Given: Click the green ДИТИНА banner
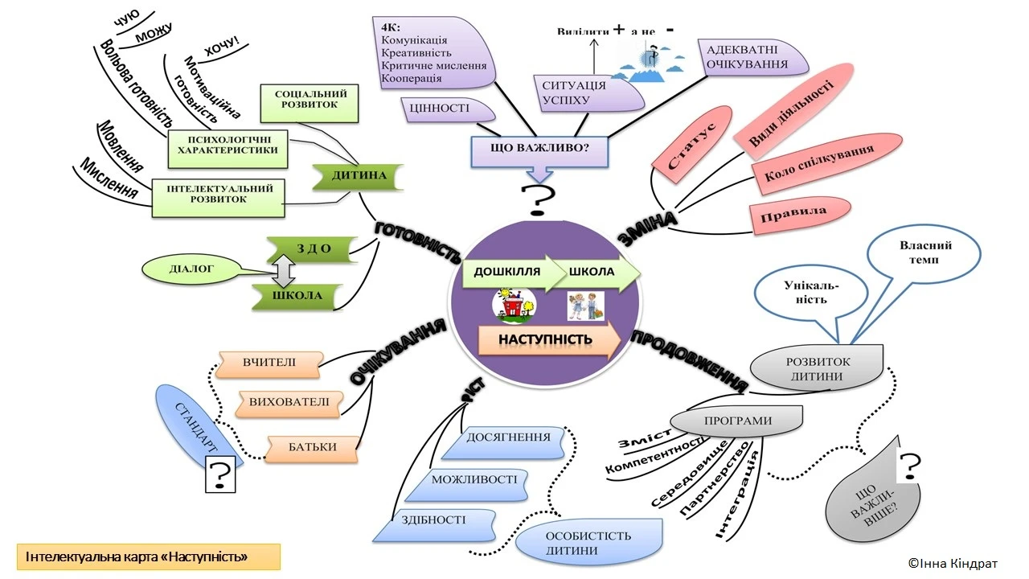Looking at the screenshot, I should pyautogui.click(x=357, y=176).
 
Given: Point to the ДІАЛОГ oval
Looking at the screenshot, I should pyautogui.click(x=191, y=270).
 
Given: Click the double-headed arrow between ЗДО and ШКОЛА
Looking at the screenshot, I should pyautogui.click(x=282, y=273).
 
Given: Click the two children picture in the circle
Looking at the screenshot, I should pyautogui.click(x=584, y=307).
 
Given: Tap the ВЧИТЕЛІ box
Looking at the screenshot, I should pyautogui.click(x=270, y=363).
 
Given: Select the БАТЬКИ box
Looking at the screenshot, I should pyautogui.click(x=313, y=447).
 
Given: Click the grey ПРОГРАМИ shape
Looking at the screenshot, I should pyautogui.click(x=736, y=421).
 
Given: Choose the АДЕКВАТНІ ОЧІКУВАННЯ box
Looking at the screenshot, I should pyautogui.click(x=746, y=57).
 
